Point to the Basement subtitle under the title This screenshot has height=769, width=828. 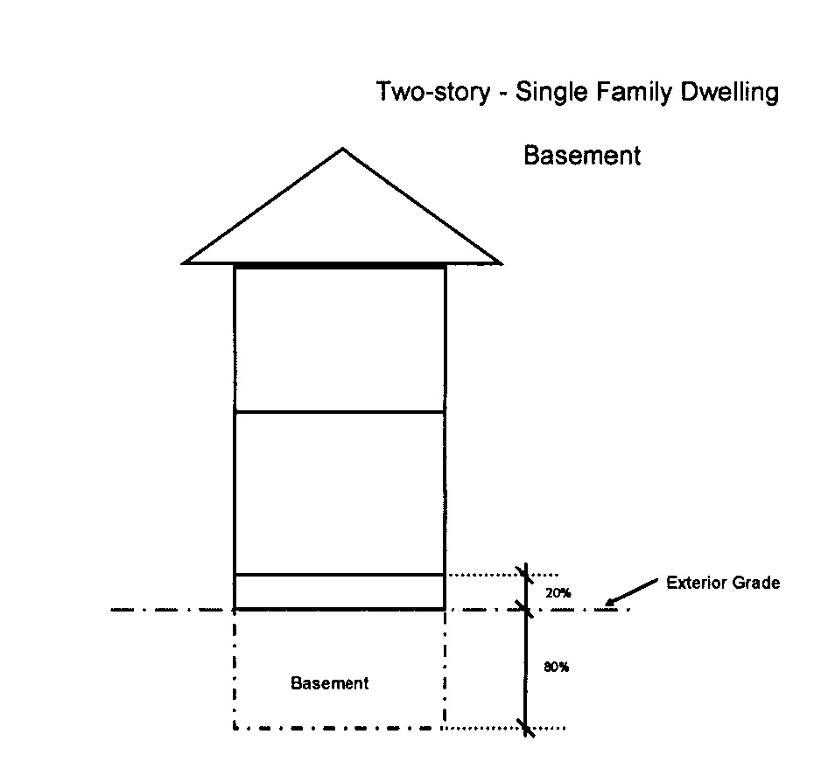click(582, 156)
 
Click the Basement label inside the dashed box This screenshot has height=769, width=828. click(330, 683)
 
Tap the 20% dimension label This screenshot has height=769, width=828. click(558, 592)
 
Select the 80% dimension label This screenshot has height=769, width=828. click(557, 667)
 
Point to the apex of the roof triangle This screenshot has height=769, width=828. click(342, 149)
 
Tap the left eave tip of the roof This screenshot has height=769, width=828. click(184, 262)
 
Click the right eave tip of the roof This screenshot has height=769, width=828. click(500, 262)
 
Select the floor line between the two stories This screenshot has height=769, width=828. click(340, 411)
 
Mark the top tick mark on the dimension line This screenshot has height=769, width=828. click(525, 574)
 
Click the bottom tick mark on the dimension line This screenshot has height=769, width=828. click(525, 727)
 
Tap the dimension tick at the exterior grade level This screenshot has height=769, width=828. click(525, 607)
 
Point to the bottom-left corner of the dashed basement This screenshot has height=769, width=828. click(235, 727)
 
